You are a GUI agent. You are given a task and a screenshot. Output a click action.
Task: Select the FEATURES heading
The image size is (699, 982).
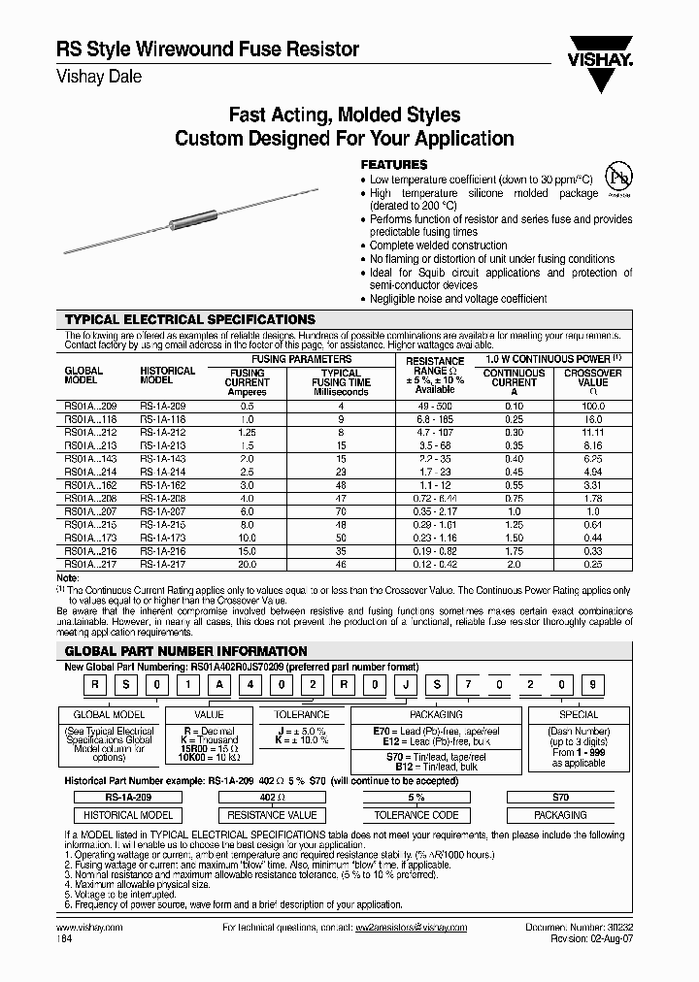click(x=394, y=165)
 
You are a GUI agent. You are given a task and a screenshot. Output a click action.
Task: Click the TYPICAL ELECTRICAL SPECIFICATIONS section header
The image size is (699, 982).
click(x=190, y=319)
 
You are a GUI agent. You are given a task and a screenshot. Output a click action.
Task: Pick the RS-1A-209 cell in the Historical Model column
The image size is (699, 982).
click(x=162, y=407)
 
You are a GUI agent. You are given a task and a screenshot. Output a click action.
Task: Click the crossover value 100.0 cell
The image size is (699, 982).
click(x=593, y=407)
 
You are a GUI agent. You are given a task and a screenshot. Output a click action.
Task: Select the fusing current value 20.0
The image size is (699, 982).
click(x=247, y=565)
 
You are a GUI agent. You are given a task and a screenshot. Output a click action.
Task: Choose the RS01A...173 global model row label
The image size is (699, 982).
click(x=89, y=539)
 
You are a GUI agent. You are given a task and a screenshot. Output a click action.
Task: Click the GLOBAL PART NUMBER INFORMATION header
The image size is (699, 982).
click(x=185, y=651)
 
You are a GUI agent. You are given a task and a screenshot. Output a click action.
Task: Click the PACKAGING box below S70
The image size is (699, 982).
click(x=560, y=816)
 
